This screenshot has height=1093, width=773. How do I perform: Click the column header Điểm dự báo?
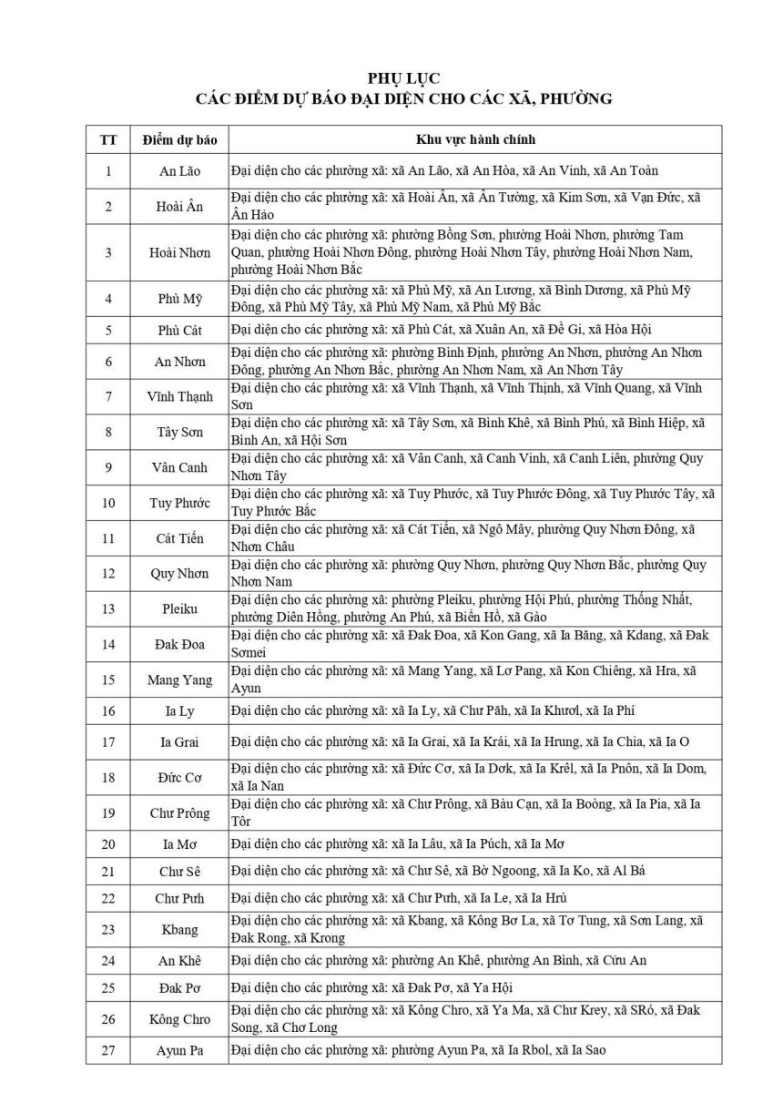(x=179, y=139)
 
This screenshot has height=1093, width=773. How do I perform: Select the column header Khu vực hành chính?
(x=475, y=139)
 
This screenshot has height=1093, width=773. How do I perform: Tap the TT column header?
(x=108, y=139)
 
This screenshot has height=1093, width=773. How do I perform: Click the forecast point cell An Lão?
(x=179, y=171)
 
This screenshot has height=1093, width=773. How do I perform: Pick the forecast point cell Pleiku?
(x=179, y=608)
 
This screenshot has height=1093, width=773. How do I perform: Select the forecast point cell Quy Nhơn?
(x=179, y=574)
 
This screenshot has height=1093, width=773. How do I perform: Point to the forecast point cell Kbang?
(x=179, y=930)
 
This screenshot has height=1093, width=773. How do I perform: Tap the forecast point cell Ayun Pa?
(x=179, y=1051)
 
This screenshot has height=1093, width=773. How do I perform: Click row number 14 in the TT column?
(x=108, y=645)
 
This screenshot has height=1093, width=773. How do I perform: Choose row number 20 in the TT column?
(x=108, y=843)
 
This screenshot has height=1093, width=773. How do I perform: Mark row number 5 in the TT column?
(x=108, y=330)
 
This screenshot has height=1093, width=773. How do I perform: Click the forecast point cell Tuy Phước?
(x=179, y=503)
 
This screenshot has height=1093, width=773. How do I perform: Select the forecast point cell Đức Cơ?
(x=179, y=778)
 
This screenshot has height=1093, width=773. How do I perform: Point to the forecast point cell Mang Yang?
(x=179, y=680)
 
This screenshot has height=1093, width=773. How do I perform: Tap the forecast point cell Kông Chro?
(x=179, y=1019)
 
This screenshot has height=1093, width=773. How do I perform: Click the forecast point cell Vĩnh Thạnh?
(x=179, y=397)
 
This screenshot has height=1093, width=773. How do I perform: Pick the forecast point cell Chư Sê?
(x=179, y=872)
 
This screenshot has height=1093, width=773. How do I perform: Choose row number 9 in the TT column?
(x=108, y=467)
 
